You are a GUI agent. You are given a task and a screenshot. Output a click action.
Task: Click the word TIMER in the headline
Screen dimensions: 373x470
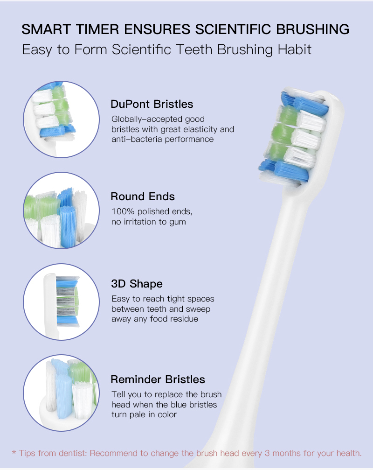[97, 29]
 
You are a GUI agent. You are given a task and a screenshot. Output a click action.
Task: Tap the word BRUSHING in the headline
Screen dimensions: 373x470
[312, 29]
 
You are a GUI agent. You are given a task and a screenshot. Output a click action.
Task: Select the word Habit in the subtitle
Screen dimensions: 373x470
[294, 49]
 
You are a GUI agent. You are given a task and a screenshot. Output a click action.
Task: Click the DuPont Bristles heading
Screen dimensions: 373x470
[152, 104]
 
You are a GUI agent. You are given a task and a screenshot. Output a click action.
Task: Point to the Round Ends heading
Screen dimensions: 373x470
[143, 196]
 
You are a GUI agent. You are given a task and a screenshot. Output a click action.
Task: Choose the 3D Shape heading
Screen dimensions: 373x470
[137, 284]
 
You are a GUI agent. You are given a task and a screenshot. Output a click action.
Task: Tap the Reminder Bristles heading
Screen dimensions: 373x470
[158, 379]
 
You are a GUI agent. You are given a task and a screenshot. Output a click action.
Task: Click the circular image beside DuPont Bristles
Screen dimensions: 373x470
[62, 119]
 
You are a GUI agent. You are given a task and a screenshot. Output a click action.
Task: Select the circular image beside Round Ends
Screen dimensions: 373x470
[62, 210]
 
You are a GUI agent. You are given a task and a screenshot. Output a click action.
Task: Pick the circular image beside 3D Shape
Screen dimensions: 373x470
[62, 302]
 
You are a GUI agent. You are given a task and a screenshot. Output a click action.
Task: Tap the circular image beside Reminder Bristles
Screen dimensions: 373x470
[62, 393]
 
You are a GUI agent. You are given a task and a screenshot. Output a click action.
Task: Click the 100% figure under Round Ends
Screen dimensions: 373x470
[123, 211]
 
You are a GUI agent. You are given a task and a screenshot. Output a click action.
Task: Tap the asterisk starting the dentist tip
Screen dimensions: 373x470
[14, 452]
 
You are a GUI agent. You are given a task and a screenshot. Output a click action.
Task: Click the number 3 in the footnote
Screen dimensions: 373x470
[267, 453]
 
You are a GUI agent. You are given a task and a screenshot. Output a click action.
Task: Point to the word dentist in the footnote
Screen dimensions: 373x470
[73, 453]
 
